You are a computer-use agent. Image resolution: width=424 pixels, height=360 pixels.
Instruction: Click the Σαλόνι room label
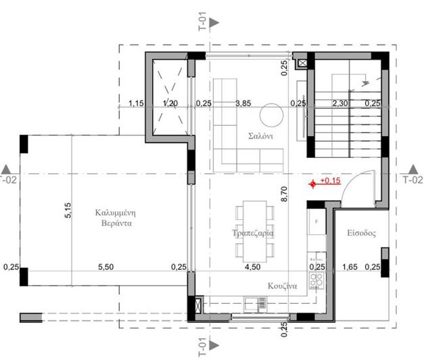260,135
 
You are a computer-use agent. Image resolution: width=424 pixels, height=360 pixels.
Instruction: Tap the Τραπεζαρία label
252,232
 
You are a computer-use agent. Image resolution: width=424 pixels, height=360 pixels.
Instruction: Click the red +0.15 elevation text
330,181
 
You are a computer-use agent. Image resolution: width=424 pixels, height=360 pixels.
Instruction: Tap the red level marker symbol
312,184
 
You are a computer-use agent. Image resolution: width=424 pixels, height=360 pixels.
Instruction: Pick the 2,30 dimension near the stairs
340,104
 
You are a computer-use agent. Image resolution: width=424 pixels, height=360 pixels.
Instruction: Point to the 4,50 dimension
252,267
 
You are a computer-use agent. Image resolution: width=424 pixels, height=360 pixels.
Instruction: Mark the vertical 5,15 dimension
68,212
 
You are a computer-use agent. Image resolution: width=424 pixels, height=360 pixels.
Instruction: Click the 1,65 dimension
350,267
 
